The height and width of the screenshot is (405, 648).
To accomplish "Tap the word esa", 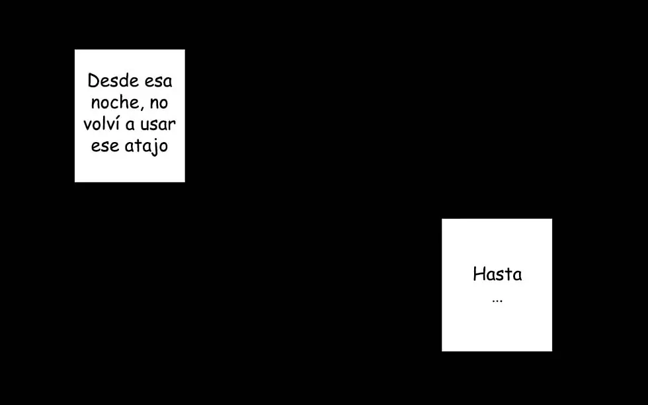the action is coord(158,82).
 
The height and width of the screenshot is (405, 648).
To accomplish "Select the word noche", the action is coord(115,102).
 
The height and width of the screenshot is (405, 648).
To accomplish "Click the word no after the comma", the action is coord(159,104).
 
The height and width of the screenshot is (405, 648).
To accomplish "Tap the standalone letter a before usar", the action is coord(130,125).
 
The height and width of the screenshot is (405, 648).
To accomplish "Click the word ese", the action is coord(105,146).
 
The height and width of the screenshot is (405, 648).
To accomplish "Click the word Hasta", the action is coord(497,274).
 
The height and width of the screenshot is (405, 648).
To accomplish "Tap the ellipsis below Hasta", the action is coord(497,301).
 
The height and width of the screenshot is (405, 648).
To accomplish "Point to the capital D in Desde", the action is coord(93,81).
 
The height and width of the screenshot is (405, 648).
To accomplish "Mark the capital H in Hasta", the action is coord(478,274).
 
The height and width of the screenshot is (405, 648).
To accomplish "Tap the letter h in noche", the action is coord(124,102).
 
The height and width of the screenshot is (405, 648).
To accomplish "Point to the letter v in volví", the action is coord(87,126).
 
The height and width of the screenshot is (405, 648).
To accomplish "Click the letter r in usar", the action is coord(172,126).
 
